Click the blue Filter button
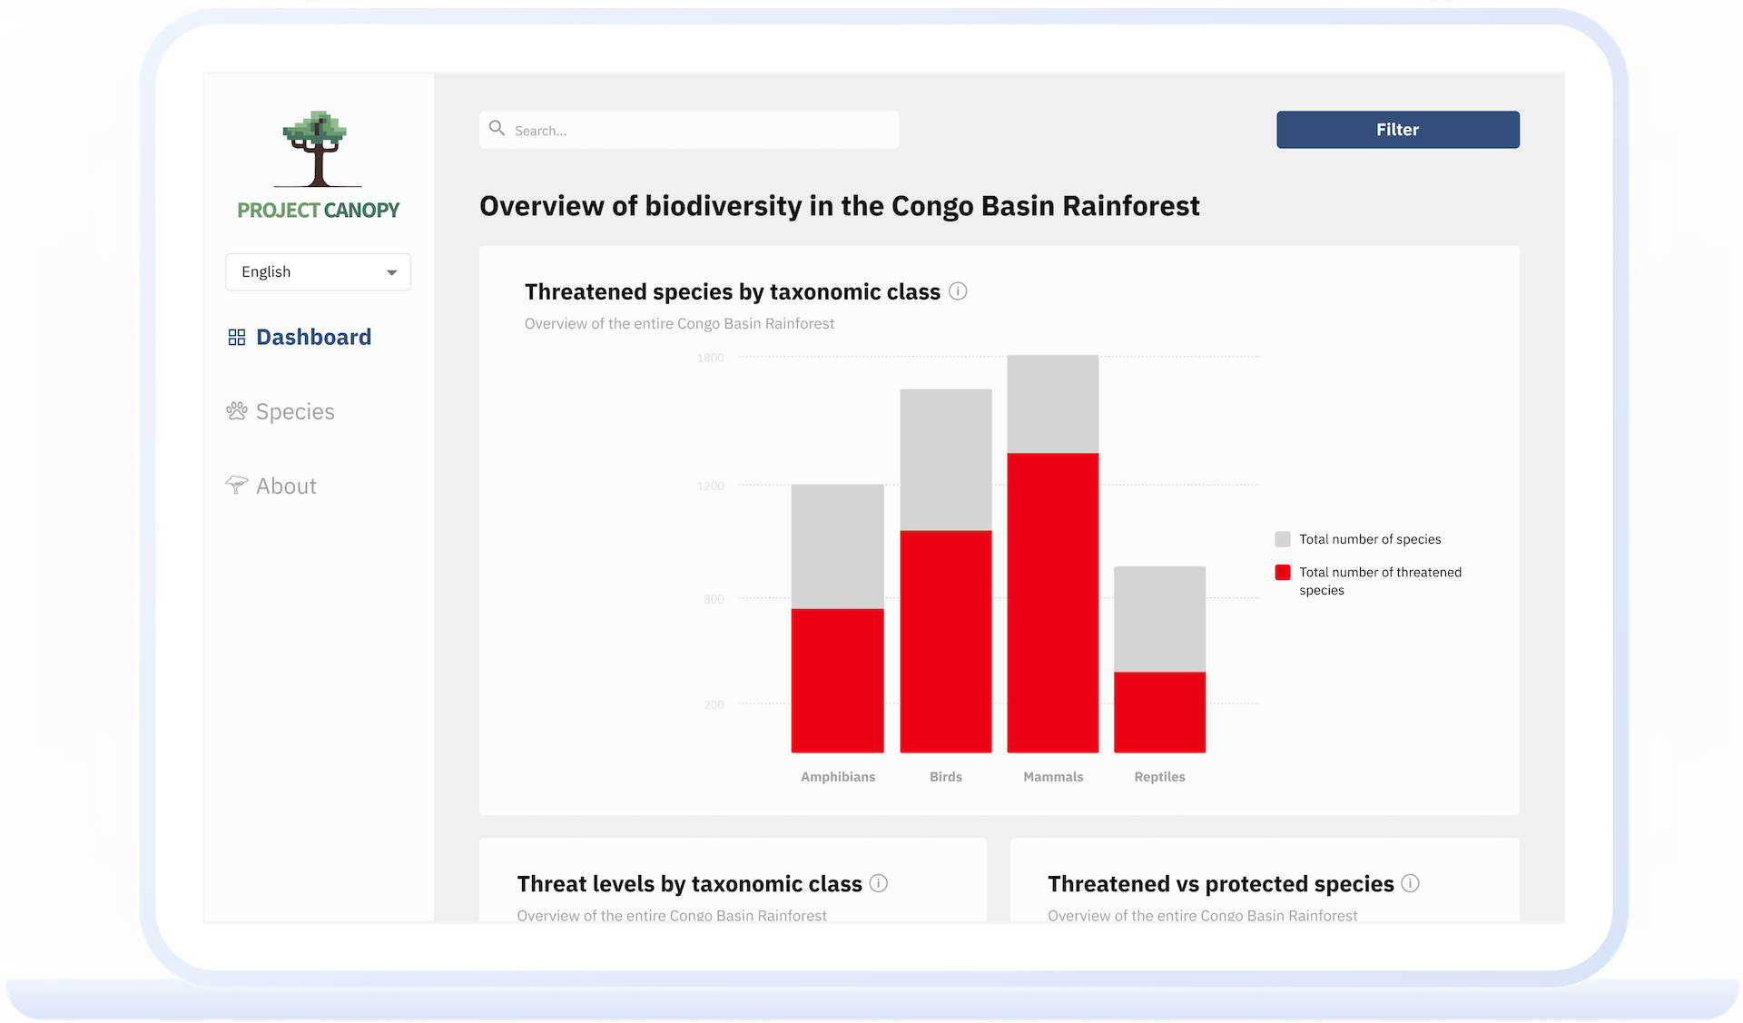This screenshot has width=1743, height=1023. pyautogui.click(x=1397, y=130)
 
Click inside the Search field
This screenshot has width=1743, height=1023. pyautogui.click(x=689, y=130)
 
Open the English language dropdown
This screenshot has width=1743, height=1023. pyautogui.click(x=318, y=272)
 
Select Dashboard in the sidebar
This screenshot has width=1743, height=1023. pyautogui.click(x=300, y=338)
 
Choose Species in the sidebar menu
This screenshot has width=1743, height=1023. pyautogui.click(x=281, y=412)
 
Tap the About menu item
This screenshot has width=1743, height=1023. pyautogui.click(x=271, y=487)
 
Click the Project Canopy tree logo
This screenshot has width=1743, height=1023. pyautogui.click(x=317, y=149)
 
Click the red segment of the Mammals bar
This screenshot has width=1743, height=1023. pyautogui.click(x=1053, y=603)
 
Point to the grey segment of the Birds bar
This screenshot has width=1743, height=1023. pyautogui.click(x=946, y=460)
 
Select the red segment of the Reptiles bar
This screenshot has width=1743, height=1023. pyautogui.click(x=1160, y=713)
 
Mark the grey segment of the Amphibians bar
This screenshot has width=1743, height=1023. pyautogui.click(x=838, y=546)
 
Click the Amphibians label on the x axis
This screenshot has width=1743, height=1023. pyautogui.click(x=838, y=777)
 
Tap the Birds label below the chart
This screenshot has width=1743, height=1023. pyautogui.click(x=946, y=777)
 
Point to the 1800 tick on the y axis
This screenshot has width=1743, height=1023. pyautogui.click(x=711, y=359)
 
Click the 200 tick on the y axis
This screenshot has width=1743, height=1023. pyautogui.click(x=714, y=705)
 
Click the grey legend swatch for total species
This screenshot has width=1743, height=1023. pyautogui.click(x=1283, y=539)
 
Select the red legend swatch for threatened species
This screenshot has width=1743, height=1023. pyautogui.click(x=1283, y=573)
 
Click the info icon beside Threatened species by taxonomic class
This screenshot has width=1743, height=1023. pyautogui.click(x=958, y=291)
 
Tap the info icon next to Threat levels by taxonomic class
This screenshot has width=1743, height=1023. pyautogui.click(x=879, y=883)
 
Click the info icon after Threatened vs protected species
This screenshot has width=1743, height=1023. pyautogui.click(x=1410, y=883)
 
